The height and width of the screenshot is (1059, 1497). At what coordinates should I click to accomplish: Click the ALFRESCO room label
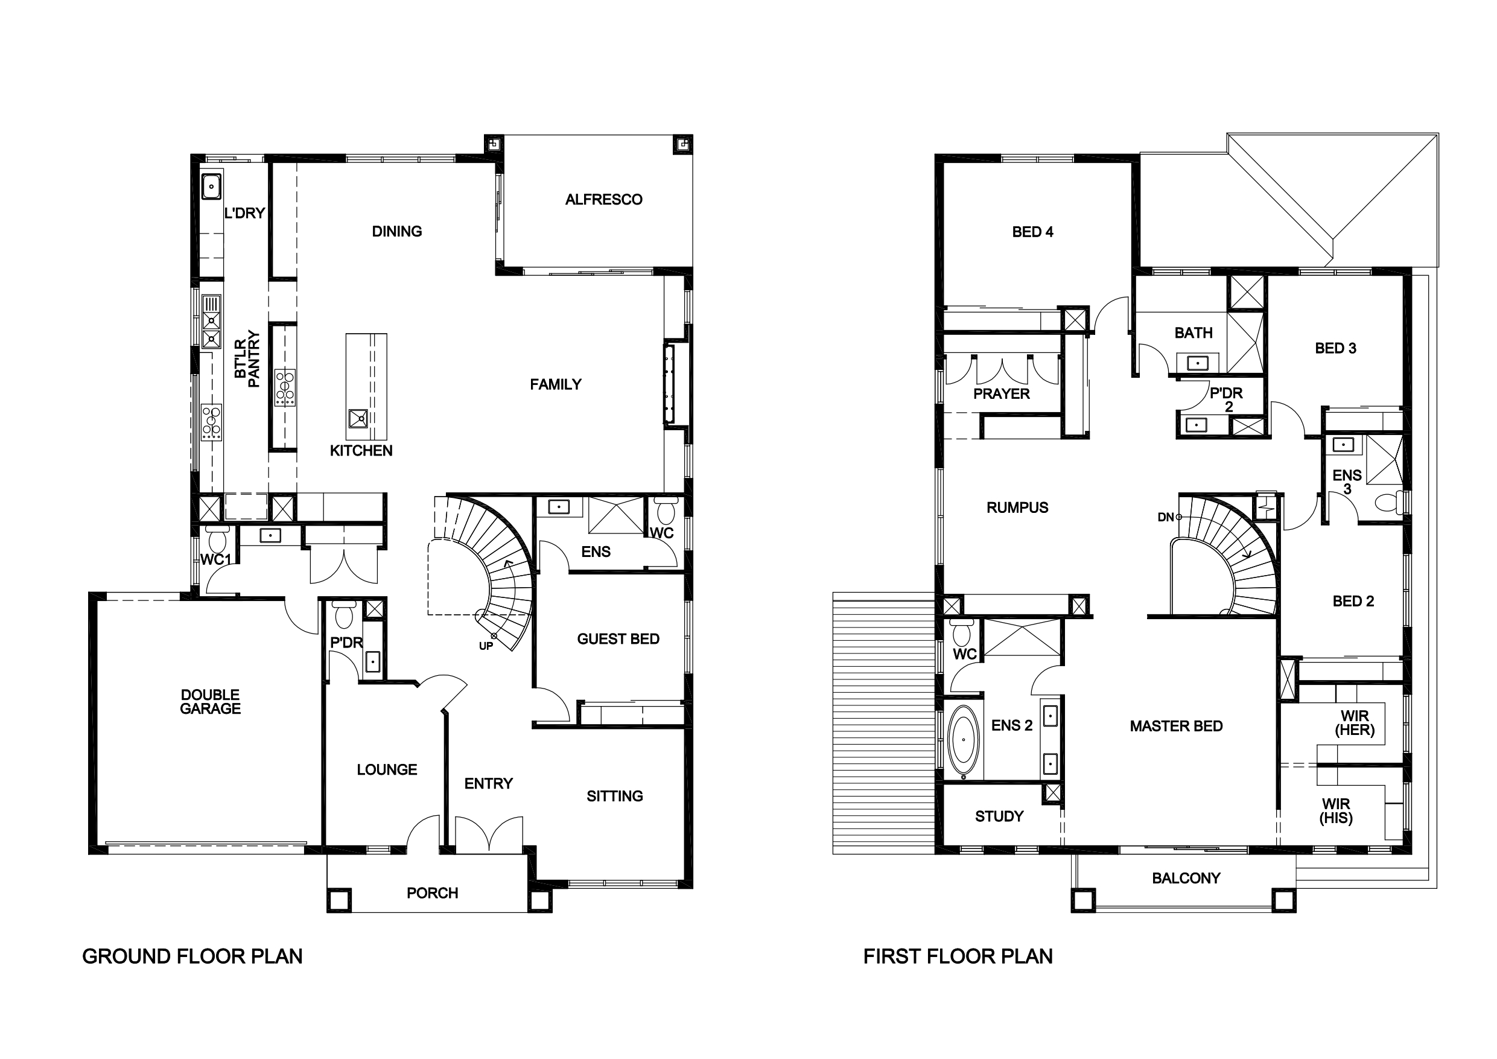tap(604, 200)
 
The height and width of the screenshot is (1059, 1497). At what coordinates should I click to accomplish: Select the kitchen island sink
tap(357, 418)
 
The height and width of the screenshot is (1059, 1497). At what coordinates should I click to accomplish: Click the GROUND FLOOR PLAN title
tap(192, 956)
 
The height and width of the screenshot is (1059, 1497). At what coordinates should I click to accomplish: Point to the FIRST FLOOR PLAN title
tap(958, 956)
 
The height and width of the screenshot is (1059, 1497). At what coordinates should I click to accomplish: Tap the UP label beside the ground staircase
tap(486, 646)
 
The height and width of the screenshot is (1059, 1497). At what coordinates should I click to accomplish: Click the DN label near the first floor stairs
tap(1166, 517)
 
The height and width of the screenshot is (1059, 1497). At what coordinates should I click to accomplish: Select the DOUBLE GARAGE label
tap(211, 702)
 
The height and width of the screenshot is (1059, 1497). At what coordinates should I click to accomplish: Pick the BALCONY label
tap(1186, 879)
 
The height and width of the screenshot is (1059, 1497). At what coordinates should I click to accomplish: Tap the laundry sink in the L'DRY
tap(211, 186)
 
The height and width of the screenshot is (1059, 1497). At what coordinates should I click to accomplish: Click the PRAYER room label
tap(1002, 394)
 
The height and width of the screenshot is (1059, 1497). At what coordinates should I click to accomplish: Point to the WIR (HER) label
tap(1354, 723)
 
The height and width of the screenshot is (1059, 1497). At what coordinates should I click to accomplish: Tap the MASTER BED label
tap(1176, 727)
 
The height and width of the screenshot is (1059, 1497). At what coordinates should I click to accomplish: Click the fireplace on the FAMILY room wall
tap(669, 384)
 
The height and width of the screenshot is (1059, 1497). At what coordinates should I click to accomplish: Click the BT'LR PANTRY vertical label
tap(247, 359)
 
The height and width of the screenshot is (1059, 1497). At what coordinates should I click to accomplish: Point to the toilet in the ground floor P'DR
tap(343, 614)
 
